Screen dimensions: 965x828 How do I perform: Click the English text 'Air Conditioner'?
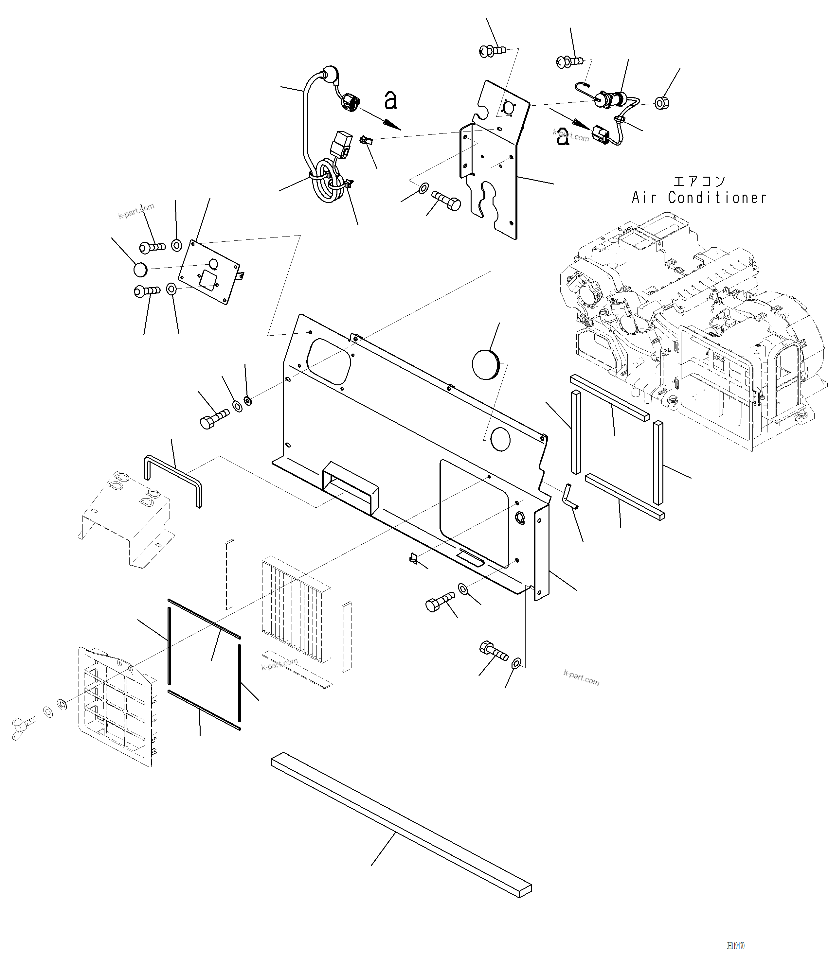tap(698, 198)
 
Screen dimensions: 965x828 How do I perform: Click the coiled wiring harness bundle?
tap(326, 184)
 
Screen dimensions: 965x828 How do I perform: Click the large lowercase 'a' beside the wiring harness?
tap(390, 100)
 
